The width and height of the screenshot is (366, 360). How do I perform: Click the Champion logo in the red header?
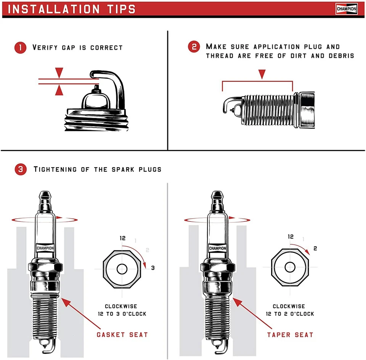346,9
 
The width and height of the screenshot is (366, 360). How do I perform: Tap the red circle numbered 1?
20,48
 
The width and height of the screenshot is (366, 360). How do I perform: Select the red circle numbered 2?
194,47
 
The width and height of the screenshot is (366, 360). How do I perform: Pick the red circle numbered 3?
20,169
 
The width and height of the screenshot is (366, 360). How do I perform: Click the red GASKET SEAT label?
122,334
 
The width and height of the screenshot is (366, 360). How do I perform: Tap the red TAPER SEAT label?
290,335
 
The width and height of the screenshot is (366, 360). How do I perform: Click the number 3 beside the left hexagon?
153,268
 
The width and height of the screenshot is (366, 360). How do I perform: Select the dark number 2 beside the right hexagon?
315,249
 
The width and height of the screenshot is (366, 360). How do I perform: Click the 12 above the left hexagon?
122,238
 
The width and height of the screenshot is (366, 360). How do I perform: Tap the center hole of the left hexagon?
122,268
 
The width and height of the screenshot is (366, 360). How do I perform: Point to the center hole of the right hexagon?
290,267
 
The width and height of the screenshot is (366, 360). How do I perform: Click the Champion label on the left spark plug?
45,248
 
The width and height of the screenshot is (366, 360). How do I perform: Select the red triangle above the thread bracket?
261,74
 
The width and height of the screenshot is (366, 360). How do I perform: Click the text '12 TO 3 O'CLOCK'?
121,314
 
